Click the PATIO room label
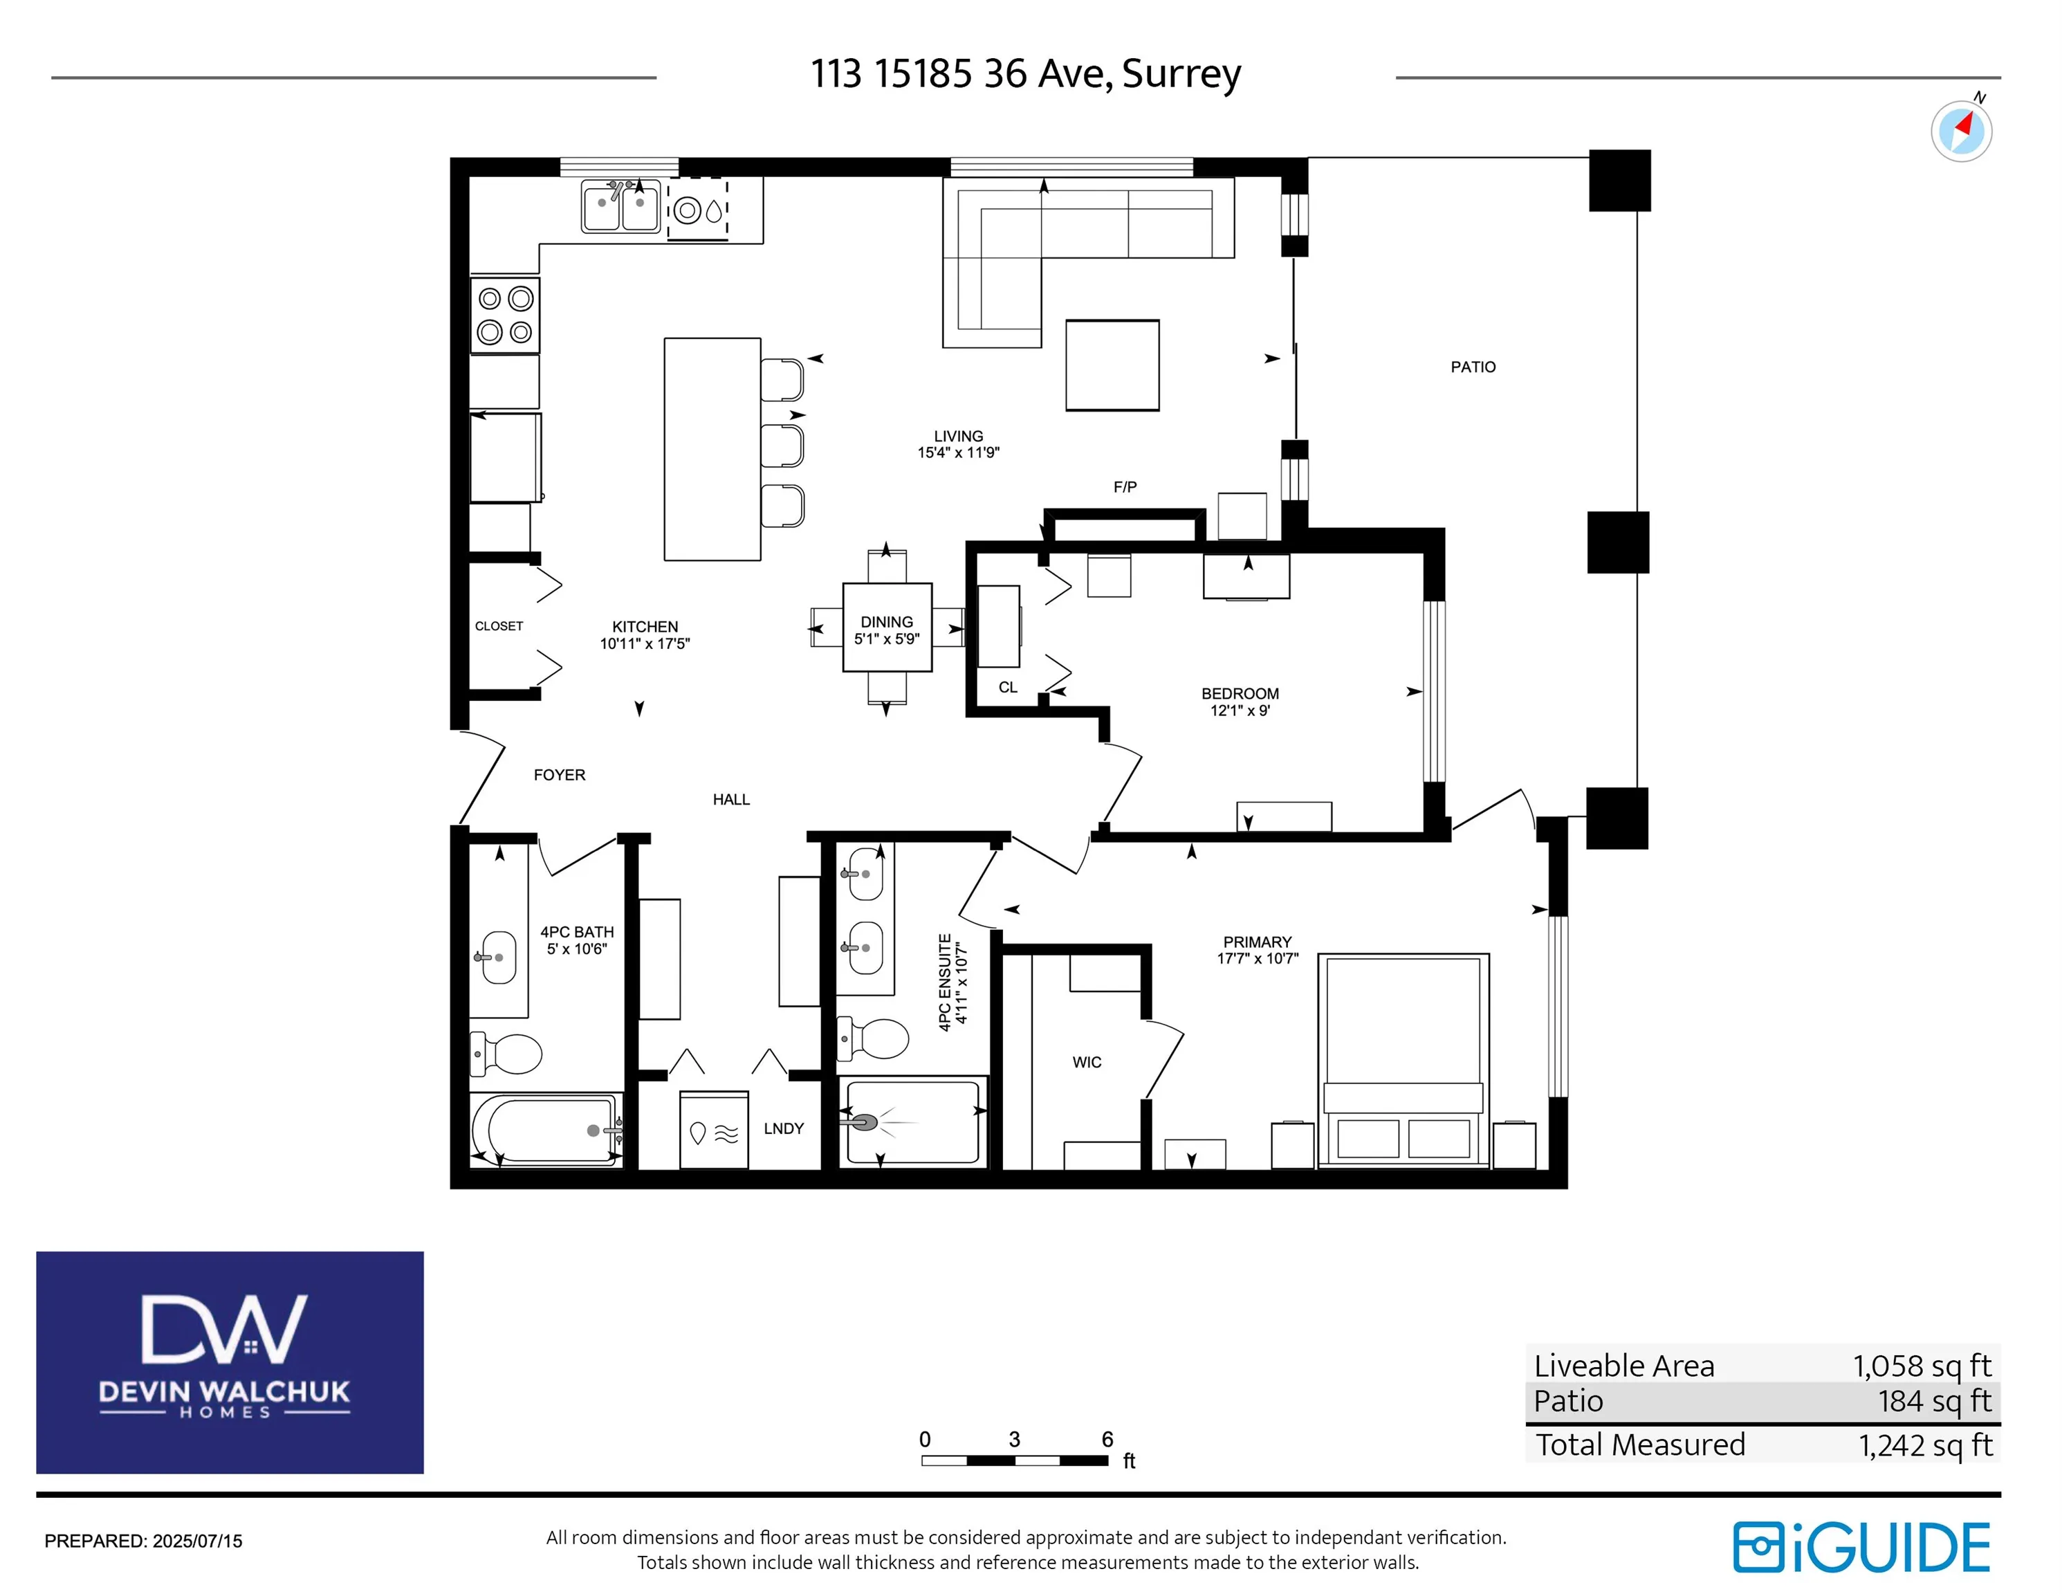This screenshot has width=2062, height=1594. click(x=1473, y=367)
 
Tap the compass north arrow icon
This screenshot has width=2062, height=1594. click(x=1961, y=130)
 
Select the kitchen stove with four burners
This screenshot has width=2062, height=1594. click(x=505, y=315)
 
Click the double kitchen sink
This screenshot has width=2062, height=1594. click(x=620, y=206)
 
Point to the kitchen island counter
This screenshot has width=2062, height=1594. click(x=713, y=450)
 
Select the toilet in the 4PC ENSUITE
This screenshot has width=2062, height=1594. click(x=874, y=1038)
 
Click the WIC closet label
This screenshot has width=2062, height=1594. click(x=1087, y=1063)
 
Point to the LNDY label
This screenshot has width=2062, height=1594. click(x=784, y=1128)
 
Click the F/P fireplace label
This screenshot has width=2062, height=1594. click(x=1125, y=487)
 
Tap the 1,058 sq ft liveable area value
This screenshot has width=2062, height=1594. click(x=1922, y=1366)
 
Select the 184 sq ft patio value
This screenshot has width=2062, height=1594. click(x=1935, y=1402)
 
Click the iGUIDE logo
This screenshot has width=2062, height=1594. click(x=1862, y=1547)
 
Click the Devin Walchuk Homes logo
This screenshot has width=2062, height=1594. click(x=230, y=1362)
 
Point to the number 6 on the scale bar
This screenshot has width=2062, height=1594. click(x=1107, y=1439)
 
